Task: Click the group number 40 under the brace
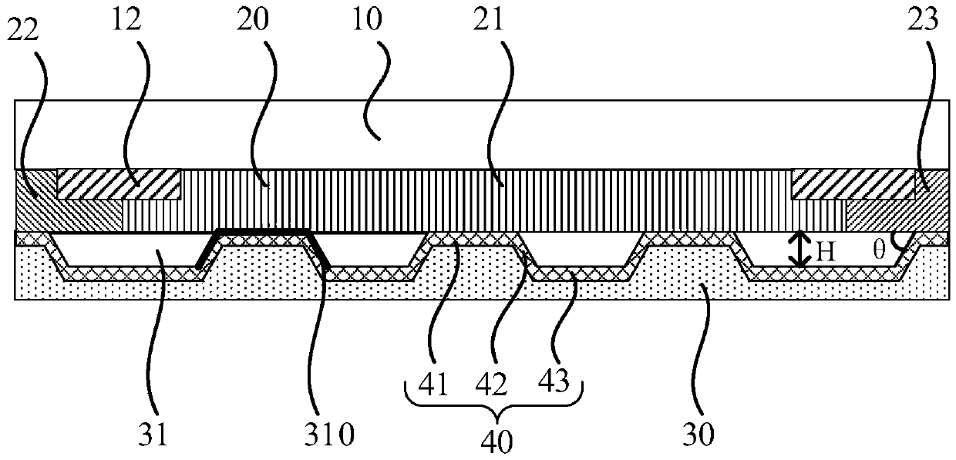tap(493, 440)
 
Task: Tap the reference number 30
tap(698, 436)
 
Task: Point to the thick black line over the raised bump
tap(263, 231)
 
